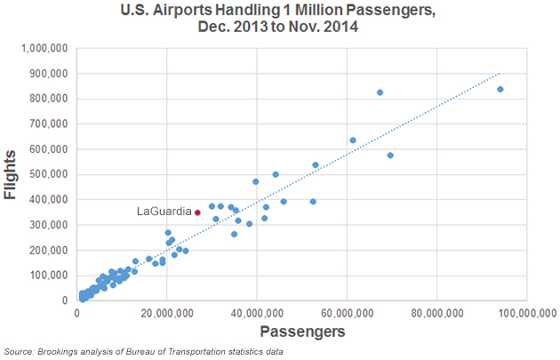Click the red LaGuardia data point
(197, 212)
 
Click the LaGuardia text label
(164, 212)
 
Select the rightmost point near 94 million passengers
(500, 90)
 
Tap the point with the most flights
(380, 92)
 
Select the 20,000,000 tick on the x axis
(169, 313)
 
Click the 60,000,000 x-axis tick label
(346, 313)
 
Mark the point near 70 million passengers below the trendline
(390, 156)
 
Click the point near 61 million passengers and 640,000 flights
(353, 140)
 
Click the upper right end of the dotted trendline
(500, 73)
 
